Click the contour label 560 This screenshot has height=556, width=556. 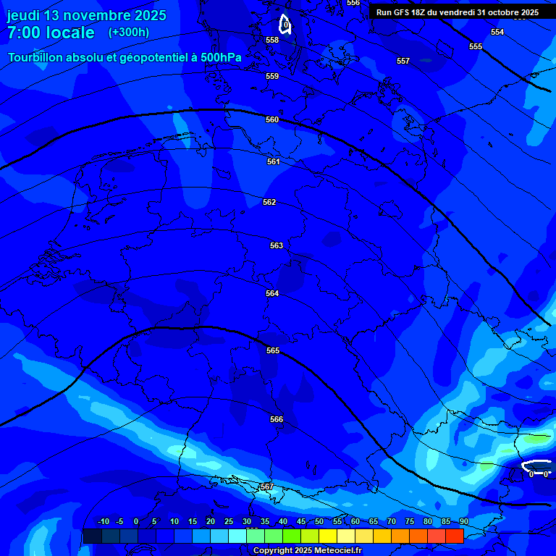pos(272,120)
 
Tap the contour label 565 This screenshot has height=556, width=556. pos(273,351)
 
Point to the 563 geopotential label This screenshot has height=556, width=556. pos(277,246)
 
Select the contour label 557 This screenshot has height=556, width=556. pos(403,62)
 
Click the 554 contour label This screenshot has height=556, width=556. pos(497,33)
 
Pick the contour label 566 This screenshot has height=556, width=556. pos(277,420)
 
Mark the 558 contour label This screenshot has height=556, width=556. pos(272,41)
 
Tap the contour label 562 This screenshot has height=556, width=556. pos(269,203)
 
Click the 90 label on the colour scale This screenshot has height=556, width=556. pos(463,522)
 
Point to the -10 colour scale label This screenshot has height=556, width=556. pos(104,522)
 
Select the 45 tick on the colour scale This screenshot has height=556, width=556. pos(301,522)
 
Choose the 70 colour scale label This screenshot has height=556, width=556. pos(392,522)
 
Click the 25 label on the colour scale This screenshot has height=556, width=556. pos(229,522)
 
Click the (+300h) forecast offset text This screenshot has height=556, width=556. pos(129,33)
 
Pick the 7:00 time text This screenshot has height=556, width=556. pos(23,33)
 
